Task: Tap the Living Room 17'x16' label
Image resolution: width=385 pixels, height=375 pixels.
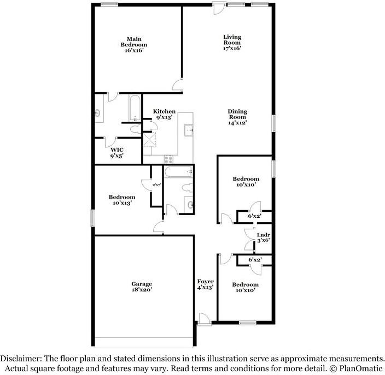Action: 232,43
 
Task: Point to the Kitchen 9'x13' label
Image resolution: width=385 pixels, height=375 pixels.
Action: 164,114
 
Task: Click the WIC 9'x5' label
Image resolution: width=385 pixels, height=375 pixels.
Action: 117,153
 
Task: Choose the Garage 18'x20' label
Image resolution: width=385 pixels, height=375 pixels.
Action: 142,287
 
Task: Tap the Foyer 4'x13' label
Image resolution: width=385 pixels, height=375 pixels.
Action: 206,284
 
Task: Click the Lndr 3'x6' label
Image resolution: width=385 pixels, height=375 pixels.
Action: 264,237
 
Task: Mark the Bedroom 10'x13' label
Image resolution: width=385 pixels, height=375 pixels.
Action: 122,200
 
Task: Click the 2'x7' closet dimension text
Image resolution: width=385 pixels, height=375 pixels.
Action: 156,185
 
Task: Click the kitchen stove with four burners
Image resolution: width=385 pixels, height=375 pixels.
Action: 168,159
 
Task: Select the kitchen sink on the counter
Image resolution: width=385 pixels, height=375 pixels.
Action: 189,130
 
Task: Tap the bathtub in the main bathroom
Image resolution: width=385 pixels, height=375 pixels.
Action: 135,108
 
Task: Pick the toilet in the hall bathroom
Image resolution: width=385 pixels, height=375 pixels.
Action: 187,187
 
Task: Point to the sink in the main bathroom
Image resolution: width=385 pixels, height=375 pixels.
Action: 97,113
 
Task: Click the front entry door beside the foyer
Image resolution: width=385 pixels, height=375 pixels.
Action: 205,320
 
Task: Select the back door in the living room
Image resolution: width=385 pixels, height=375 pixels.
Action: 219,8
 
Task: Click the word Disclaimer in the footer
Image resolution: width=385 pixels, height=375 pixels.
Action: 21,359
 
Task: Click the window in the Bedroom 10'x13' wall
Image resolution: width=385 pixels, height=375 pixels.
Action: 92,218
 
